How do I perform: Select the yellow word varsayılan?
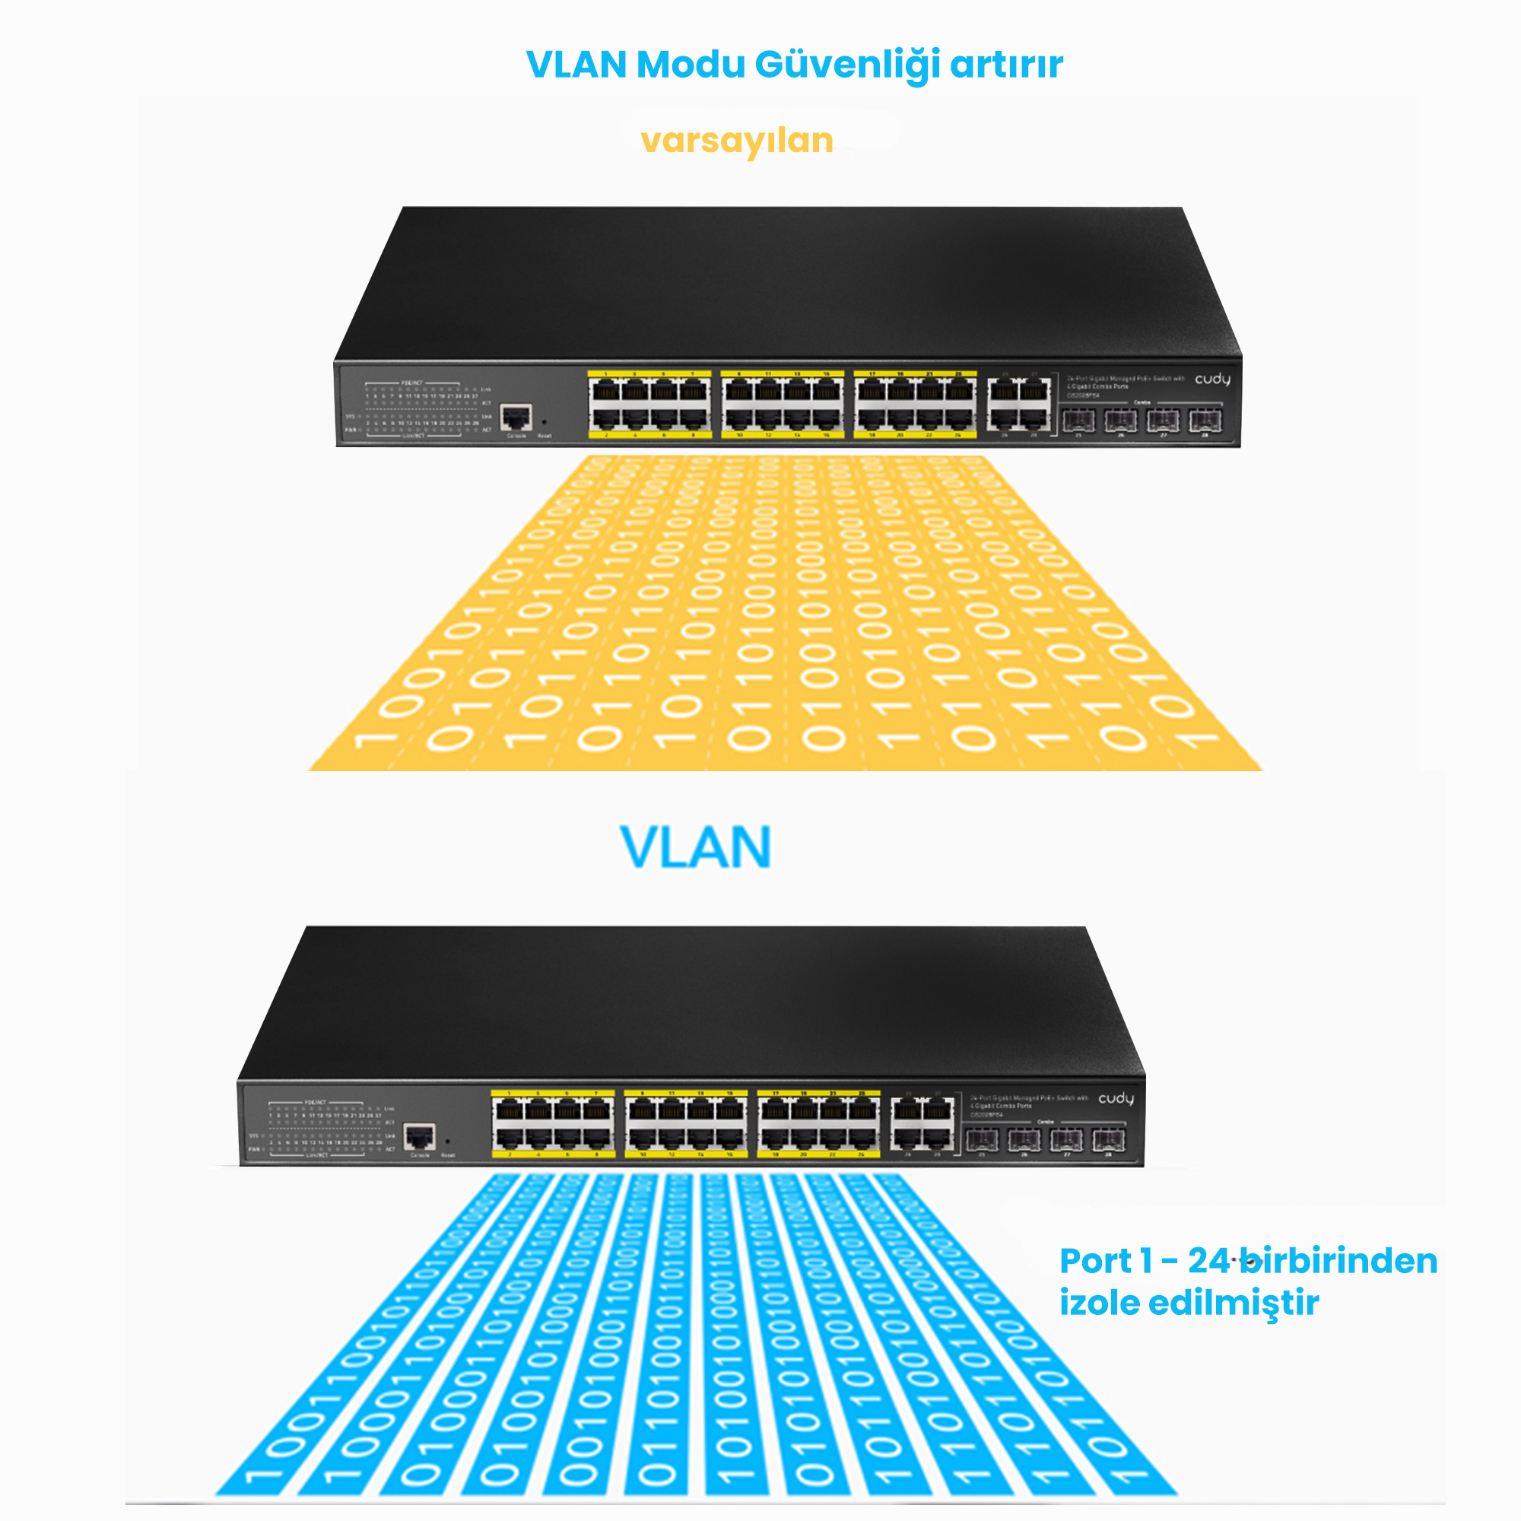(x=737, y=141)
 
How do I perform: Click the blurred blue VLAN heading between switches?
(x=695, y=848)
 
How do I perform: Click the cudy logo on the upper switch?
(x=1212, y=379)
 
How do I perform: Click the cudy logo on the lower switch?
(x=1116, y=1098)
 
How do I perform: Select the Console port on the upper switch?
(x=516, y=417)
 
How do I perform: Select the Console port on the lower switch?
(x=419, y=1136)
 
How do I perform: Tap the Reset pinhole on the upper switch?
(x=544, y=423)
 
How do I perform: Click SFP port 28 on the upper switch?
(x=1205, y=421)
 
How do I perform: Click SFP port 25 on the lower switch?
(x=982, y=1139)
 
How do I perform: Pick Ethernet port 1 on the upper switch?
(x=605, y=389)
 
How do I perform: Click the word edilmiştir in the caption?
(x=1233, y=1302)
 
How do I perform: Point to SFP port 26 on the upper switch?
(x=1120, y=421)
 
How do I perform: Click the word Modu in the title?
(x=690, y=65)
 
